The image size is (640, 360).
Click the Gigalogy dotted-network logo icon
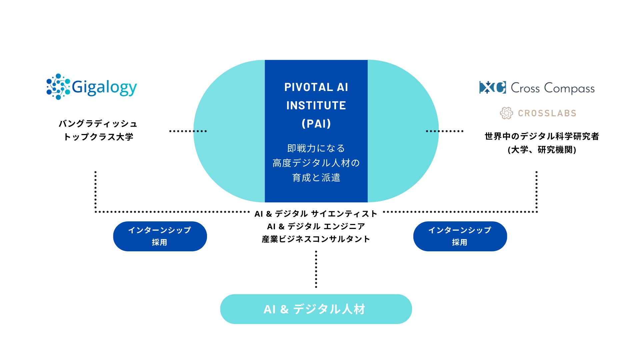point(58,87)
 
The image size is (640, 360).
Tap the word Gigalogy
point(104,87)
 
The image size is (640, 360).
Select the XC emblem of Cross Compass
point(492,87)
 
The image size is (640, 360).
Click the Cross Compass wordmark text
point(553,88)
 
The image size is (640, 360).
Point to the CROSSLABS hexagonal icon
point(506,113)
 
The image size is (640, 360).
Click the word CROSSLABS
point(547,113)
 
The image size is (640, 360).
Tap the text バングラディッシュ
point(98,124)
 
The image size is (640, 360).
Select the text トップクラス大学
point(98,137)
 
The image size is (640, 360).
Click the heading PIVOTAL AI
point(316,87)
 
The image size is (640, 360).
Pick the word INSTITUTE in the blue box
point(316,106)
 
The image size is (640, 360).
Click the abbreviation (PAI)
point(316,124)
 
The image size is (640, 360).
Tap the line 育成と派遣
point(316,178)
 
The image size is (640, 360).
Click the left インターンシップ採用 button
point(160,236)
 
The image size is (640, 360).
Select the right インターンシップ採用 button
point(460,236)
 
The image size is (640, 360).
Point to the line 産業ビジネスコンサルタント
point(316,239)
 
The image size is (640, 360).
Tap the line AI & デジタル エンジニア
point(316,226)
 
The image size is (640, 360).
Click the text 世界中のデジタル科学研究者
point(542,136)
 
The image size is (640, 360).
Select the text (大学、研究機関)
point(542,150)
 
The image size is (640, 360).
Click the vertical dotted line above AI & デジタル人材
point(316,269)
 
